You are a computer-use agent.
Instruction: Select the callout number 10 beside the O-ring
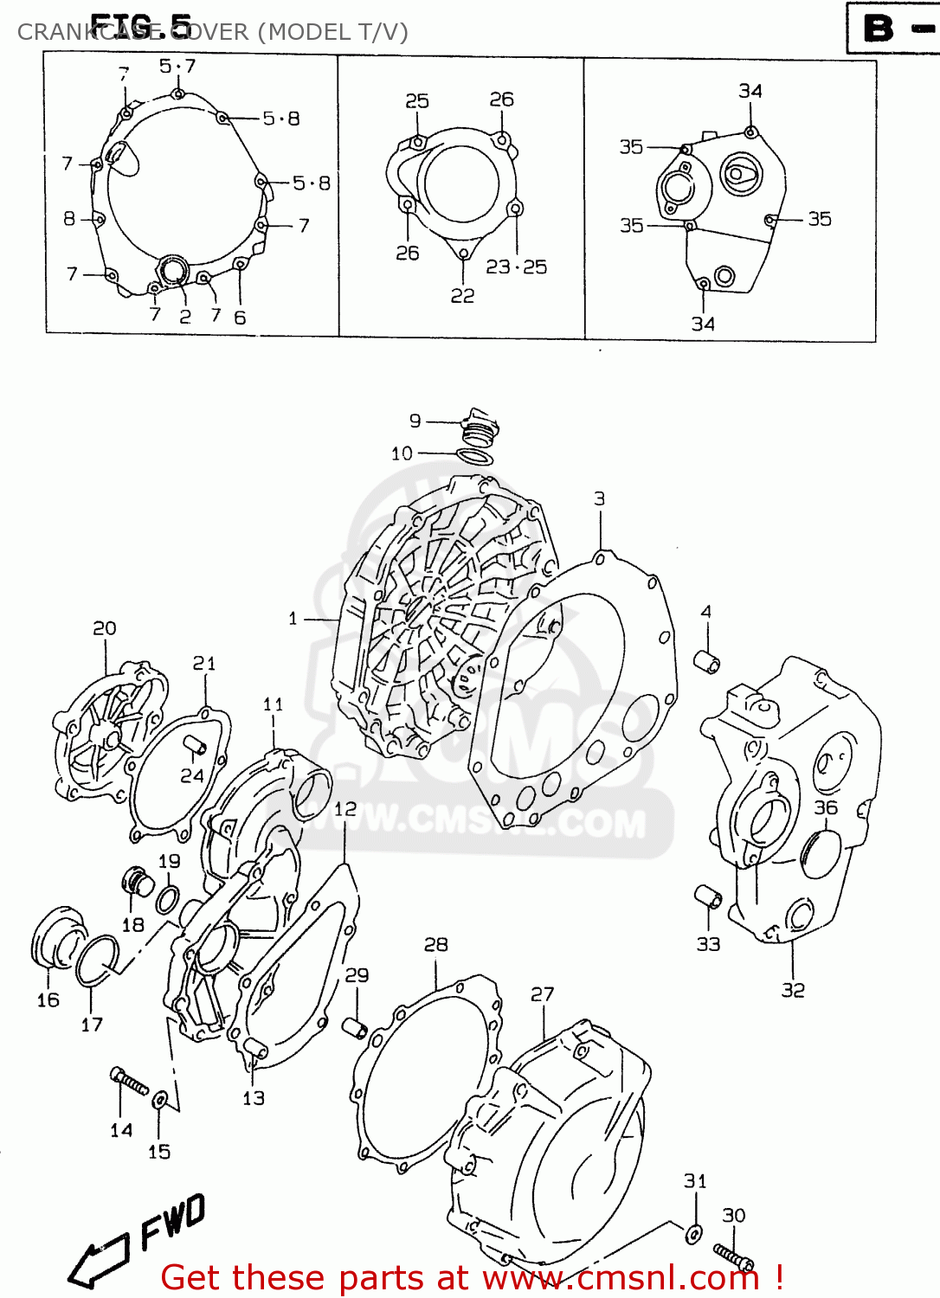pyautogui.click(x=402, y=453)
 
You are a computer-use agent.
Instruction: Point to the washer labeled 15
pyautogui.click(x=160, y=1101)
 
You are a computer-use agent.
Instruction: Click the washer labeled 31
pyautogui.click(x=693, y=1234)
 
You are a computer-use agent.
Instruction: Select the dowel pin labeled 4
pyautogui.click(x=707, y=662)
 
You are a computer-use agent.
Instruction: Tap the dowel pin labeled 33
pyautogui.click(x=708, y=897)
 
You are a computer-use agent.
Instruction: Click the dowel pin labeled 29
pyautogui.click(x=355, y=1028)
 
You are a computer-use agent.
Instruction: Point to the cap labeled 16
pyautogui.click(x=58, y=938)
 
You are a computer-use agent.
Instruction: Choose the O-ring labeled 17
pyautogui.click(x=96, y=961)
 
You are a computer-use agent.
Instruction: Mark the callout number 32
pyautogui.click(x=793, y=990)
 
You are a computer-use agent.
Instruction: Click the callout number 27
pyautogui.click(x=542, y=994)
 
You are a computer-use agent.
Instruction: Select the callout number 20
pyautogui.click(x=105, y=628)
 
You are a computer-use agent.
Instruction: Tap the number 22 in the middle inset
pyautogui.click(x=462, y=296)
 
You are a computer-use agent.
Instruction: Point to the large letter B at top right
pyautogui.click(x=879, y=29)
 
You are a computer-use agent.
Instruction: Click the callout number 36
pyautogui.click(x=826, y=807)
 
